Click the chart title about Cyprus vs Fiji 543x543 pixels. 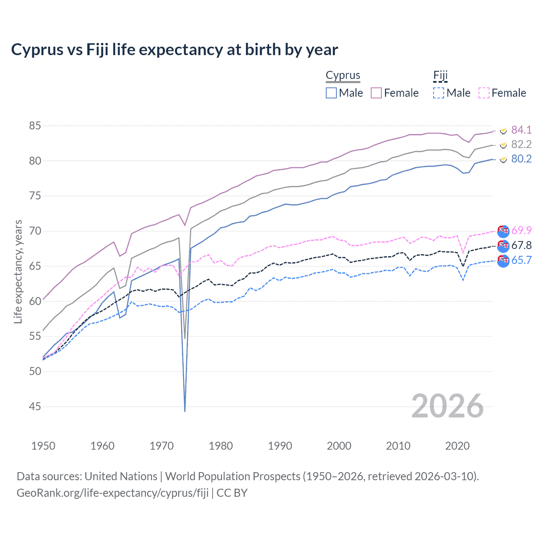click(174, 50)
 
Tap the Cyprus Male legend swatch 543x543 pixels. click(331, 93)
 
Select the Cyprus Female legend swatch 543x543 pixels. click(376, 93)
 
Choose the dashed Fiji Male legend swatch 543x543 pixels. click(439, 93)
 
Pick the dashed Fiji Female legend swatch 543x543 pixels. click(484, 93)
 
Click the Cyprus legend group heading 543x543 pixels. click(343, 76)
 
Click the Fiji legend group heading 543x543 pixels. click(440, 76)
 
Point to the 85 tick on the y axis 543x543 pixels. click(35, 126)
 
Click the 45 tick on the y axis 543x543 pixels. click(35, 406)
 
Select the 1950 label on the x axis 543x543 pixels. click(43, 446)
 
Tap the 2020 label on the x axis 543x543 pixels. click(457, 446)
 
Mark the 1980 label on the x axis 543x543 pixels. click(221, 446)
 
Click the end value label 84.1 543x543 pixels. click(521, 130)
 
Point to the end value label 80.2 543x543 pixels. click(521, 159)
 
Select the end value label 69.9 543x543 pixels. click(521, 230)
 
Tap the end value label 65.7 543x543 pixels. click(521, 260)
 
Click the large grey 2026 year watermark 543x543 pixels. click(447, 406)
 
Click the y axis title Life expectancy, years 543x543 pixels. click(18, 271)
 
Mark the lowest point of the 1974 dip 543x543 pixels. click(185, 411)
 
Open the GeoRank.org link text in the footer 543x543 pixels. click(112, 493)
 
